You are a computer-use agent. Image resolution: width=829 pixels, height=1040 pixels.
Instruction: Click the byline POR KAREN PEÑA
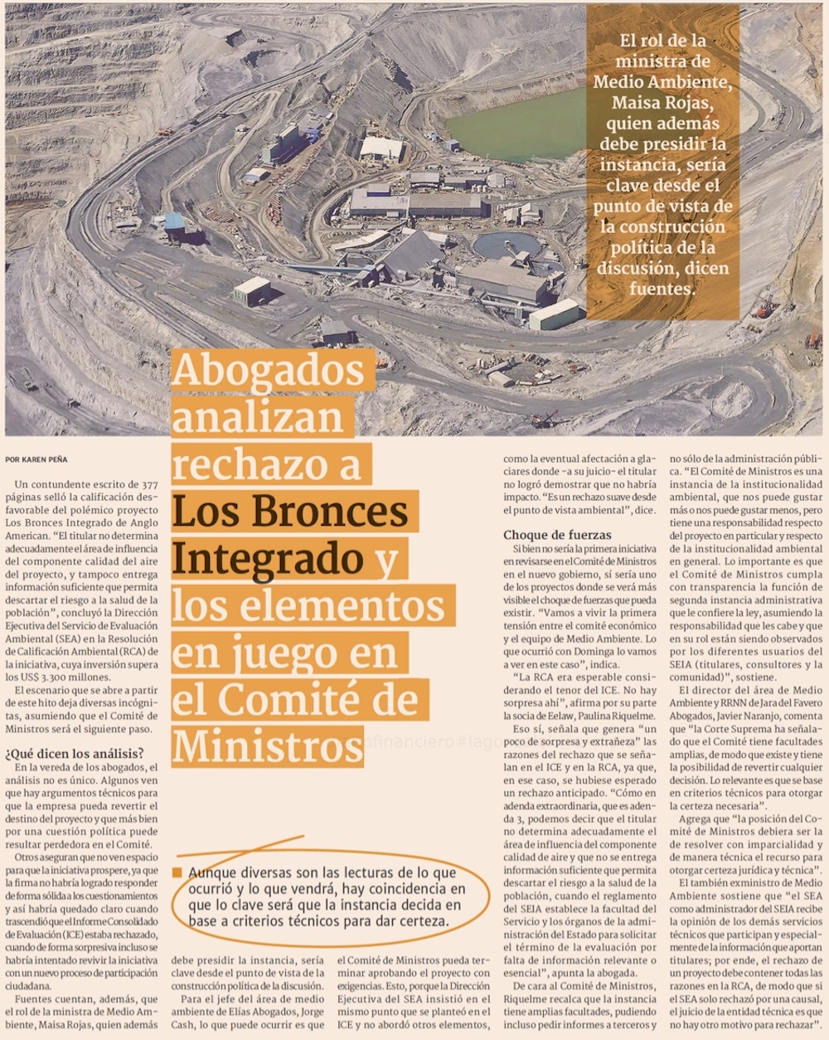point(36,459)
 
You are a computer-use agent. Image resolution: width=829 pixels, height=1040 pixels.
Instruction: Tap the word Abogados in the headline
point(269,372)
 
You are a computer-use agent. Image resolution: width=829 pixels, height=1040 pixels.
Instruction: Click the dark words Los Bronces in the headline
point(289,511)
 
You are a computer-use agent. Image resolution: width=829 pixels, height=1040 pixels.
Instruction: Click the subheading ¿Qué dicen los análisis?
point(75,753)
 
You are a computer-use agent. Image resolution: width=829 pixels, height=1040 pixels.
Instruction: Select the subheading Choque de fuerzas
point(557,535)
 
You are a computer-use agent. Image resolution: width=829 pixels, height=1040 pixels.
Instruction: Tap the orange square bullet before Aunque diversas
point(177,872)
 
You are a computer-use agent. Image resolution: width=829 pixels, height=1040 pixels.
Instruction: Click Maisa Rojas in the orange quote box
point(662,103)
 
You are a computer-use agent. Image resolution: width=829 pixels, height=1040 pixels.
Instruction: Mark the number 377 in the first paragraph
point(148,484)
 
